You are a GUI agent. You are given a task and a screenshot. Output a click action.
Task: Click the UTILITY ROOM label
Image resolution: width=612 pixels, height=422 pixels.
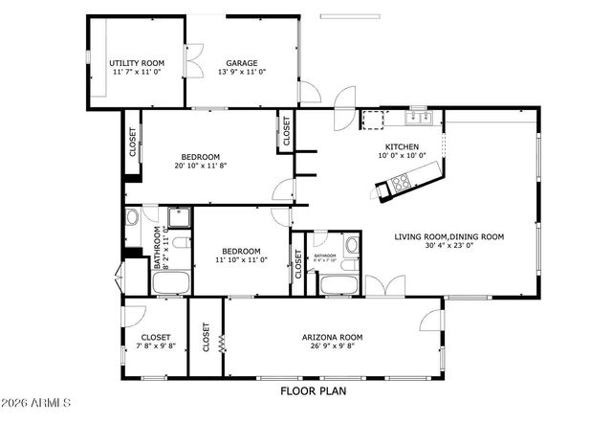[137, 63]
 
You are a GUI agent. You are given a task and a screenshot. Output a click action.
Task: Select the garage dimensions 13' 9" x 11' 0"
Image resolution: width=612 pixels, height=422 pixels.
[241, 73]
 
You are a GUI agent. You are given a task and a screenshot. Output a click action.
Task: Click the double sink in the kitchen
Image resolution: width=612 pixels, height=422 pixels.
[418, 119]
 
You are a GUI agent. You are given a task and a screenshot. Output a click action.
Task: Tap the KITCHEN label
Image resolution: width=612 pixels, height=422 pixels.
[402, 146]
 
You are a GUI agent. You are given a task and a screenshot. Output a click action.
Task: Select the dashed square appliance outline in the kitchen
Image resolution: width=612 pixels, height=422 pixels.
[373, 120]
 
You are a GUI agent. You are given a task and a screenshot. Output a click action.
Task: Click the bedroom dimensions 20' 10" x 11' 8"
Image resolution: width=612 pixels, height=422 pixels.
[200, 166]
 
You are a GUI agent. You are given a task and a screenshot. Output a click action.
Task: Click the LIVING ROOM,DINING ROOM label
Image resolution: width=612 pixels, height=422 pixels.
[449, 236]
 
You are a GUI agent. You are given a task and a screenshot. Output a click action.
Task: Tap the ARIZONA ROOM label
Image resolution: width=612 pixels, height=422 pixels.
[332, 337]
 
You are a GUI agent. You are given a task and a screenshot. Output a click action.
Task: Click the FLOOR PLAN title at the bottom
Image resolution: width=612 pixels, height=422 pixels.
[313, 390]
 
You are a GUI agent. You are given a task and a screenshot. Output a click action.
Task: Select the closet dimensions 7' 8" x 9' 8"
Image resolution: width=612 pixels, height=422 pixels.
[156, 346]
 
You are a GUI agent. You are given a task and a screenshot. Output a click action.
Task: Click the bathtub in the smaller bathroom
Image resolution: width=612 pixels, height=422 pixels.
[338, 284]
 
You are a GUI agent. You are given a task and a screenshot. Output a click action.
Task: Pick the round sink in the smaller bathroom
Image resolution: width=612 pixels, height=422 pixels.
[351, 245]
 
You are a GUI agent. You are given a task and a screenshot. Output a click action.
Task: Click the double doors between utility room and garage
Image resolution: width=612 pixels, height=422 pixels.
[193, 63]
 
